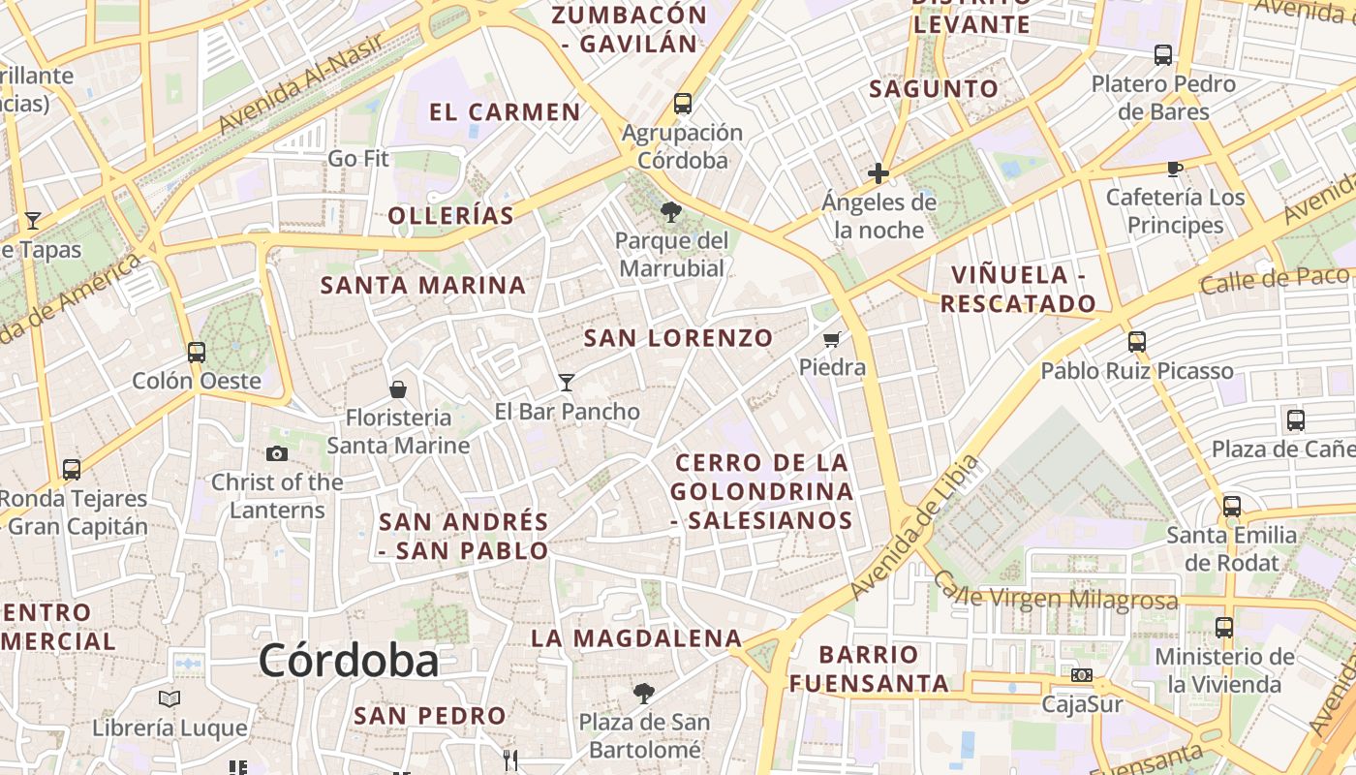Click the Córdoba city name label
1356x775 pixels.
point(349,661)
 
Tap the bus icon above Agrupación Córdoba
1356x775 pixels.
point(683,104)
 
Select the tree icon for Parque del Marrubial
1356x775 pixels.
point(669,212)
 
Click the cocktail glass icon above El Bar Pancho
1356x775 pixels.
point(567,383)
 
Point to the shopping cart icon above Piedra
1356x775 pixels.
point(831,339)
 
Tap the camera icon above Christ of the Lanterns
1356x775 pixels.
point(277,453)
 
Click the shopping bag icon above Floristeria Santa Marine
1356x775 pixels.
point(397,389)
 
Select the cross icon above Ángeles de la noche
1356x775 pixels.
point(878,173)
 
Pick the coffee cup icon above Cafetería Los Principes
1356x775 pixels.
point(1175,169)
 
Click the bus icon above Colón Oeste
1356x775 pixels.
point(197,352)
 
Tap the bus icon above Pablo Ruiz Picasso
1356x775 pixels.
point(1137,342)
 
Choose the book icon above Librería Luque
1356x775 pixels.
point(169,698)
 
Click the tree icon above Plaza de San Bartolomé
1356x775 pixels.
point(643,694)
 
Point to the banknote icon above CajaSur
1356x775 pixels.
point(1082,674)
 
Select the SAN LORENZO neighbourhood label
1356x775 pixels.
point(678,338)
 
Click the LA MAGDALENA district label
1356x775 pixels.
point(636,638)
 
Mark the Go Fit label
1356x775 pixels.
point(358,158)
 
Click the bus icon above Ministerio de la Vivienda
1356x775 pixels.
point(1224,628)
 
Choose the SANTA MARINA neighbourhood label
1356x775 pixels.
point(423,286)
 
